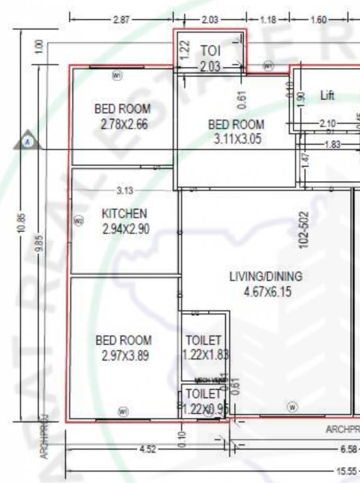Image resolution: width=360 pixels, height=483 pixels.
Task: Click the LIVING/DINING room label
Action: coord(265,276)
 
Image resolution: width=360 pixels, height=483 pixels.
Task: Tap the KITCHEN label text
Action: coord(124,214)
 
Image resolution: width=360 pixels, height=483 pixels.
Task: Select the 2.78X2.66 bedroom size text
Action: coord(124,125)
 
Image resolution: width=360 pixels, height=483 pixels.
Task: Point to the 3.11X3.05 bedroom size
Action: coord(236,140)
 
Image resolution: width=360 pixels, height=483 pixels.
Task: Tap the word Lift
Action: coord(327,96)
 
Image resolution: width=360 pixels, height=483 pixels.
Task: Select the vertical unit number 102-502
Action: coord(304,230)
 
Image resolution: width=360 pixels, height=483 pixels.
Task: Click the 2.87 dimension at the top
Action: coord(121,19)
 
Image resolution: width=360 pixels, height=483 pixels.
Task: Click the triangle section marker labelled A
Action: coord(28,142)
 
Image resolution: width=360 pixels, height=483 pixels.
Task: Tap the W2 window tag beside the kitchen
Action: coord(79,221)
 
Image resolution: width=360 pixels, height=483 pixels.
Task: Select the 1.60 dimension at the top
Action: coord(319,19)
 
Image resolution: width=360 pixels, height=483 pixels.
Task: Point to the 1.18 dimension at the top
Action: coord(268,19)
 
